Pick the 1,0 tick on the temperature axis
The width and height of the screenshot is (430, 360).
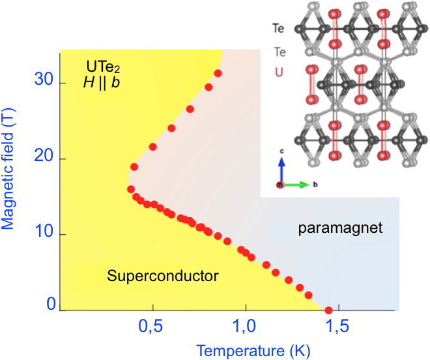tap(246, 325)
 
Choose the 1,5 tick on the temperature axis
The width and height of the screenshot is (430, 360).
tap(339, 325)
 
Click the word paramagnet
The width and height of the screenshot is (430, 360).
tap(339, 228)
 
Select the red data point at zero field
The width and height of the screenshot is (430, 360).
tap(328, 310)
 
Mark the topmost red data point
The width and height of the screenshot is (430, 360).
tap(218, 73)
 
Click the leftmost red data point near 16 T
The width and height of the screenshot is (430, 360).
tap(131, 189)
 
